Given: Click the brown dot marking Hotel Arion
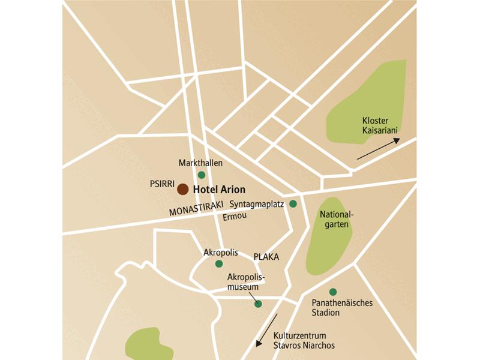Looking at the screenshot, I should (183, 189).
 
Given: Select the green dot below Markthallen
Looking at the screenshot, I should (202, 175).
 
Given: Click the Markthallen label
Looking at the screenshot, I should (200, 163).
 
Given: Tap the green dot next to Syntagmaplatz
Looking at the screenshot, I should (293, 204).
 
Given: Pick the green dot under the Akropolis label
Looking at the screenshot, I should (219, 263).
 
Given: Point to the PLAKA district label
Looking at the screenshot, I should (266, 256).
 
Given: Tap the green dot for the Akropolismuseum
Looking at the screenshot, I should (258, 304).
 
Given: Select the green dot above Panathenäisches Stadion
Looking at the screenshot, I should (333, 292).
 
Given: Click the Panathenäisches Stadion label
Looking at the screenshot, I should (343, 308).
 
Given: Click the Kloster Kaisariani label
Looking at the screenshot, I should (380, 125).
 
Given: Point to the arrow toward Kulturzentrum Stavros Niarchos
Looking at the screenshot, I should (267, 330).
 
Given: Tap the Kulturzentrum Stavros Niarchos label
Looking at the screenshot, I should (304, 341).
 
